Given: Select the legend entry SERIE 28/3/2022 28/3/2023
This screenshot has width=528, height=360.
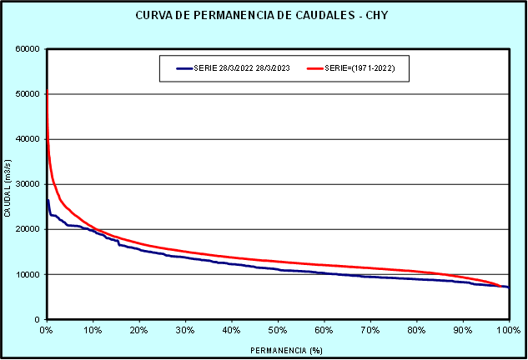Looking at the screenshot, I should [x=236, y=68].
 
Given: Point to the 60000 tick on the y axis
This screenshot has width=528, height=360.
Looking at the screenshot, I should [x=28, y=49].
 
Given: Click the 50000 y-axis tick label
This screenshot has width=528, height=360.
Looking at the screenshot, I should [x=28, y=94].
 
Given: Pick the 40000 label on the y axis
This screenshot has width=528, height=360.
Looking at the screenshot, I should [x=28, y=139].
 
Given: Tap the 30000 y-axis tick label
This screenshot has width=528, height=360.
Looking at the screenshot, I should [x=28, y=184].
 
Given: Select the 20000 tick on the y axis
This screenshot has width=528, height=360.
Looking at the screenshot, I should [x=28, y=229].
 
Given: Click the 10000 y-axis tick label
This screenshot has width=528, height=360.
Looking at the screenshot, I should [x=28, y=274].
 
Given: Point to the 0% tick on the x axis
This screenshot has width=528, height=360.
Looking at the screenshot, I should [x=47, y=331].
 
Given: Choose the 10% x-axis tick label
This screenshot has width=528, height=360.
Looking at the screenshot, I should [x=93, y=331].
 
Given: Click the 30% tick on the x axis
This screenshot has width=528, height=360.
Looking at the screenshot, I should [x=185, y=331].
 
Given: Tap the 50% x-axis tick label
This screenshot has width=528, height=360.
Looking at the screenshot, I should [x=278, y=331].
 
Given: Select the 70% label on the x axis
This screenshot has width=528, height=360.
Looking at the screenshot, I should [x=370, y=331].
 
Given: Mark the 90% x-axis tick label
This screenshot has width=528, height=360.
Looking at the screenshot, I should [x=463, y=331].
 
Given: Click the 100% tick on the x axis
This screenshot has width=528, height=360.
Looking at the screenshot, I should [x=508, y=331].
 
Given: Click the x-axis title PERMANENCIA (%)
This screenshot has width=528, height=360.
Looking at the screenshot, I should [x=276, y=350].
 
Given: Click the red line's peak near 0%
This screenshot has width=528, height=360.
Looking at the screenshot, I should [x=47, y=90].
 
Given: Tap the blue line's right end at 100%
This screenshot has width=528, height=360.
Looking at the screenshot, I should [x=508, y=287].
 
